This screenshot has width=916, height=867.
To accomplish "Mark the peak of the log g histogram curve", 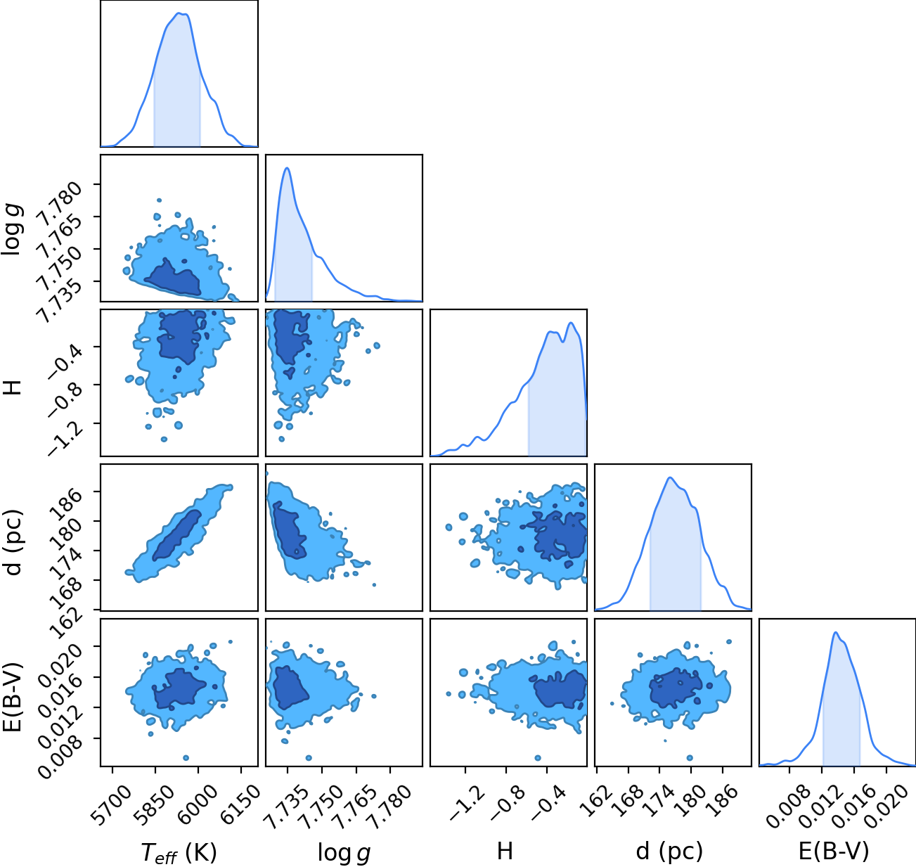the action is click(287, 168).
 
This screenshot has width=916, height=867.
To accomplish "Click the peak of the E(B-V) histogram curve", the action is click(835, 633).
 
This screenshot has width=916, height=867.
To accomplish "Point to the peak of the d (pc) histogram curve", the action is click(670, 477).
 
